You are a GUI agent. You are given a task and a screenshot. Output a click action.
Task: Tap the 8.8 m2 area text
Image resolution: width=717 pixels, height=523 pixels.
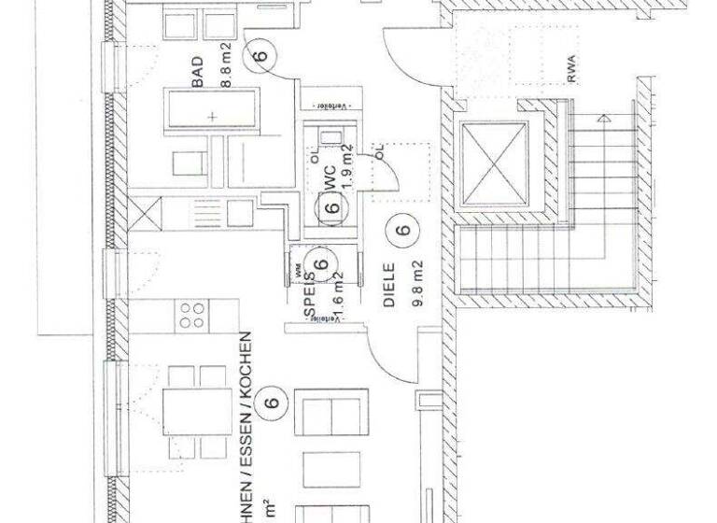pos(225,68)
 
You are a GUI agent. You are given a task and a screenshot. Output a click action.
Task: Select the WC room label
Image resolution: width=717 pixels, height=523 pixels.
pos(329,178)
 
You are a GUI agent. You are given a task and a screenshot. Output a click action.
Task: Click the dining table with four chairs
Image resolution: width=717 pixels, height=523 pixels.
pos(196,407)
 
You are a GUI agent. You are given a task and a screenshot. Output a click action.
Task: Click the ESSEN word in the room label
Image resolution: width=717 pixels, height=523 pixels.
pos(246,432)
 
